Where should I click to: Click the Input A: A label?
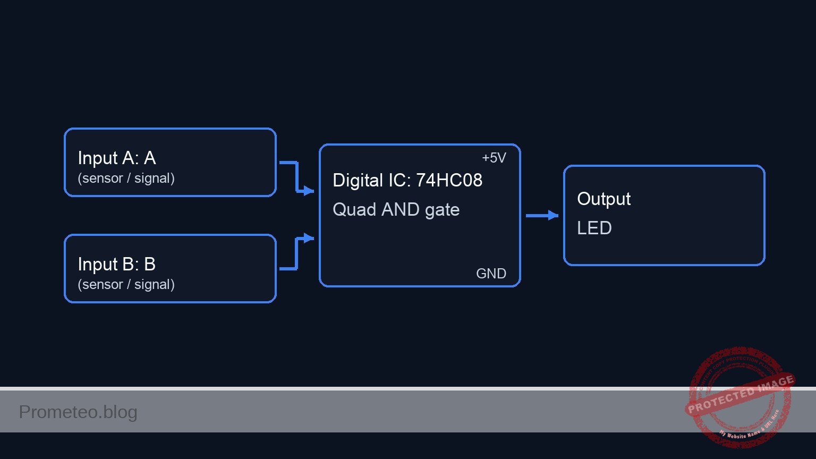116,158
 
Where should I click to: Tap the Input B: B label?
116,265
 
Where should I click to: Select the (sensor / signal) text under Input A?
126,178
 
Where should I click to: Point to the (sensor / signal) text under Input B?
126,285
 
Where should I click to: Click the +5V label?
494,158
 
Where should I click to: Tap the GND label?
491,274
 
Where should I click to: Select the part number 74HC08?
449,181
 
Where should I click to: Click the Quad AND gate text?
396,210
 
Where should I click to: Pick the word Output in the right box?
603,199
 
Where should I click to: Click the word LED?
594,228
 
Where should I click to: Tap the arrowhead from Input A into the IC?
309,191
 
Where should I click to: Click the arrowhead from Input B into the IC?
309,238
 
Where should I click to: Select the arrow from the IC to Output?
542,216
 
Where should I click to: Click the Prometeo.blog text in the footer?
78,412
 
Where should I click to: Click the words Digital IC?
371,181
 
